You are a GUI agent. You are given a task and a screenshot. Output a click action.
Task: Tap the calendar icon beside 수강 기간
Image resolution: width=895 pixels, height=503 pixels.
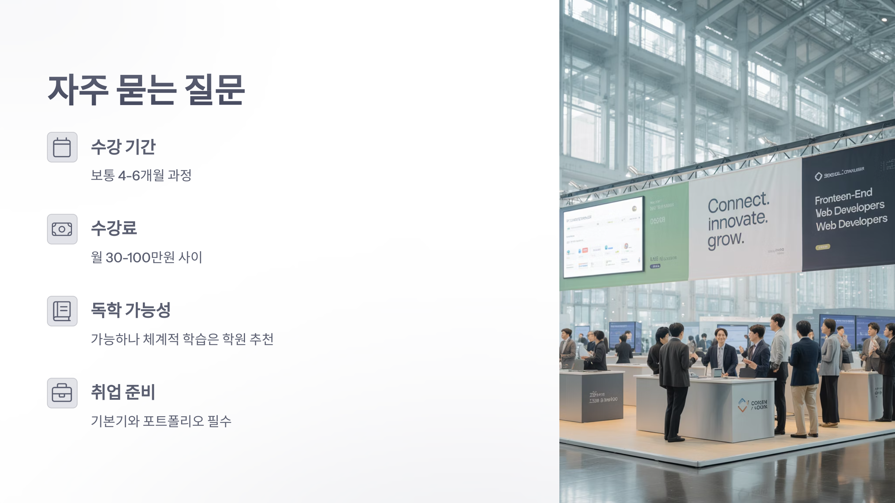(x=62, y=147)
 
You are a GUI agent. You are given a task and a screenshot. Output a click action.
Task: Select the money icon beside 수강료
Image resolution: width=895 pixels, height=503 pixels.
(x=62, y=229)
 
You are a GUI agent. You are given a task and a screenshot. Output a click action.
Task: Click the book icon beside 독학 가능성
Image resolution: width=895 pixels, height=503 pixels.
(x=62, y=311)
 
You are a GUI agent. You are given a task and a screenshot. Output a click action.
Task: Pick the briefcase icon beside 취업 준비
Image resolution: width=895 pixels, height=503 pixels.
(x=62, y=393)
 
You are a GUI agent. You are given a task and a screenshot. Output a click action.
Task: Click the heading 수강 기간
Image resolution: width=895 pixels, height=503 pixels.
(x=123, y=147)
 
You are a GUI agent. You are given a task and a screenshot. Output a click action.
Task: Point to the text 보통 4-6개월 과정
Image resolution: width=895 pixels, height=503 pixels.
(x=141, y=175)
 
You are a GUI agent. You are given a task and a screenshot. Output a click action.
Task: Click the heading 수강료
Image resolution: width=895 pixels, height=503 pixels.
(x=114, y=228)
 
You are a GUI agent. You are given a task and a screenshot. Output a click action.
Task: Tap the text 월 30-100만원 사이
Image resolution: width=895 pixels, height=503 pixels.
(x=147, y=257)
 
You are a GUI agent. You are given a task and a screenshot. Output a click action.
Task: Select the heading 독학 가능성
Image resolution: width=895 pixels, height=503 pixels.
(x=131, y=310)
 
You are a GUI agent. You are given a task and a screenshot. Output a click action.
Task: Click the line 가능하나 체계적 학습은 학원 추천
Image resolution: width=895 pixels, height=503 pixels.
(x=182, y=339)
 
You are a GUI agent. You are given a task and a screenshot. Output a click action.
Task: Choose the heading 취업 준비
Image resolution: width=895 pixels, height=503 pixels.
(x=123, y=392)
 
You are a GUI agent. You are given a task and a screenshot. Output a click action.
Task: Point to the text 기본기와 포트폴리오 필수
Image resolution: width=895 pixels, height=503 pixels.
(x=161, y=421)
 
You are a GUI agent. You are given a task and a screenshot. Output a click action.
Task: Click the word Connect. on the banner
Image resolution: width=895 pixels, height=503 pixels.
(x=738, y=203)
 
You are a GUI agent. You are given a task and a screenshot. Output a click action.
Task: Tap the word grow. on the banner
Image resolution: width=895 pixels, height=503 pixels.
(x=726, y=239)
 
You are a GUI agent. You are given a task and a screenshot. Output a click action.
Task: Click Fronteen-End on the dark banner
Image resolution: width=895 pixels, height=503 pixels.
(x=843, y=196)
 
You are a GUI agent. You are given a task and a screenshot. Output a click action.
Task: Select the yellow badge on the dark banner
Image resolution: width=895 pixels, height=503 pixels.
(x=822, y=247)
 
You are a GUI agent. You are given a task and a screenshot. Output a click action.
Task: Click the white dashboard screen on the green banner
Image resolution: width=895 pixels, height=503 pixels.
(x=603, y=238)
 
